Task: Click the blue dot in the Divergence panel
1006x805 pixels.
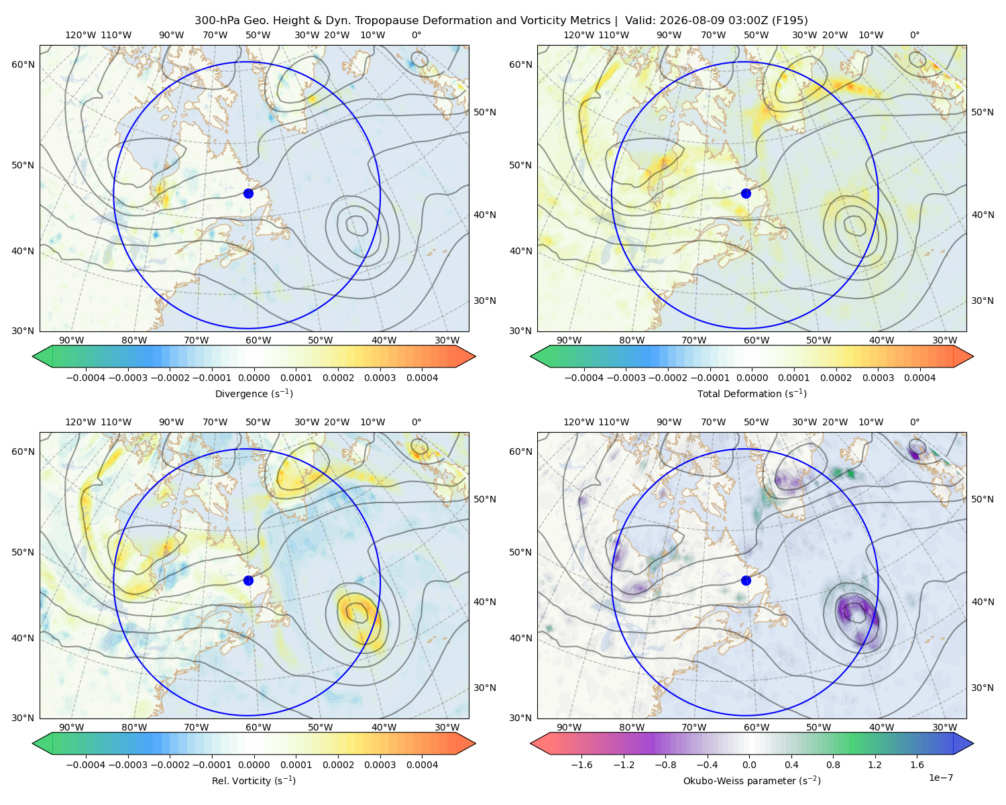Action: pos(248,193)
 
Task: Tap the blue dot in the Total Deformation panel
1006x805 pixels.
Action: pos(746,193)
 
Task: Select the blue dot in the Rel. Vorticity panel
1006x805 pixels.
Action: pos(248,580)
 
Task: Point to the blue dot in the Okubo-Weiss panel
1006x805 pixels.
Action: pos(746,580)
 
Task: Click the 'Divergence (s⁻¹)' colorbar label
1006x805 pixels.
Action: pos(254,393)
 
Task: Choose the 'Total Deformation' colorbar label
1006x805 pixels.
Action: pos(739,394)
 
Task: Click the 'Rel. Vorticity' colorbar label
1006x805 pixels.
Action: pos(240,781)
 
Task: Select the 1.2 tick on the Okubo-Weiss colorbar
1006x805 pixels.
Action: pos(875,765)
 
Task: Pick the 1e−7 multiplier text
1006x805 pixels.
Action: pos(940,777)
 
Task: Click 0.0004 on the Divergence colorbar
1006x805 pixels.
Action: pos(422,378)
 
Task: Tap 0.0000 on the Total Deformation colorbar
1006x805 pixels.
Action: pos(752,378)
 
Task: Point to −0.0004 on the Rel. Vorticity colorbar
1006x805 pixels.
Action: pos(86,765)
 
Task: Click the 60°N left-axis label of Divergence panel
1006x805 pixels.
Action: pos(23,64)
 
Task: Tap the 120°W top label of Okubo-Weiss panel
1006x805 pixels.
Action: pos(579,422)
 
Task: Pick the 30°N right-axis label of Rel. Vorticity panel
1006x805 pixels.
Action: pos(485,688)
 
